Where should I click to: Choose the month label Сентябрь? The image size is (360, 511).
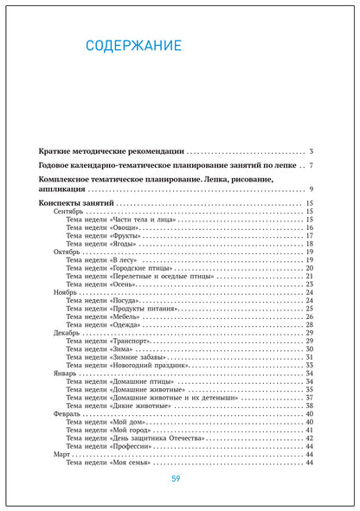68,212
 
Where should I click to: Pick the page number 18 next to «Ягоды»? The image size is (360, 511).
308,244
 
